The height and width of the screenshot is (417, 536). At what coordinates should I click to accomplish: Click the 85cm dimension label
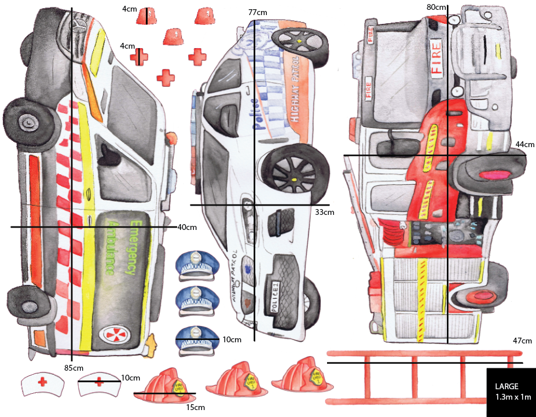coord(72,367)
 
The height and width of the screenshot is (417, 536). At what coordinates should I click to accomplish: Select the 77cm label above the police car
coord(258,12)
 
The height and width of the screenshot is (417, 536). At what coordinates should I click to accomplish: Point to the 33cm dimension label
coord(324,212)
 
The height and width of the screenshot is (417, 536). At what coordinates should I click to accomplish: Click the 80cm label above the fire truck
coord(436,7)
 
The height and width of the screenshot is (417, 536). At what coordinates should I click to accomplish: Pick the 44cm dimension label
coord(524,144)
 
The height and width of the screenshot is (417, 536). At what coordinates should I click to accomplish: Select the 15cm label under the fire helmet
coord(194,407)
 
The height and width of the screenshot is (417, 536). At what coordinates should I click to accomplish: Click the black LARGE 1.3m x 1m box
coord(511,392)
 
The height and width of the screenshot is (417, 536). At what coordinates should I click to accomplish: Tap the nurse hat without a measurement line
coord(42,383)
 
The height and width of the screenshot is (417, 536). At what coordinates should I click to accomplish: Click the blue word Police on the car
coord(253,113)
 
